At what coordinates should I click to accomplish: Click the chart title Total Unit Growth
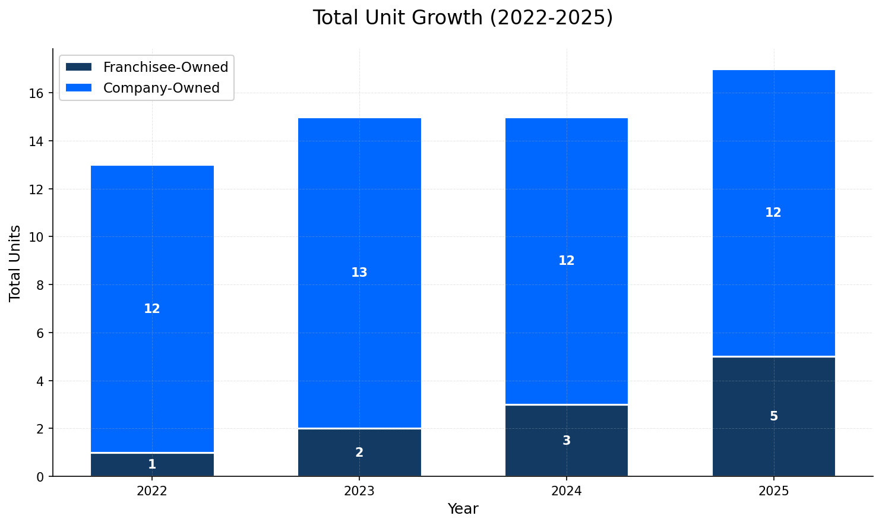[x=462, y=18]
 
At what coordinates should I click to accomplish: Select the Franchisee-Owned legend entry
[x=165, y=67]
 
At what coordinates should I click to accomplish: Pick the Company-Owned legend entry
[x=161, y=88]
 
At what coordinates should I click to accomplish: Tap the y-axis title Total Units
[x=15, y=263]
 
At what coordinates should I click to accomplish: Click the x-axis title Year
[x=463, y=509]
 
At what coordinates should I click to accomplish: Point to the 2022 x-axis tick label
[x=152, y=491]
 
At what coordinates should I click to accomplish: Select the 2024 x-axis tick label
[x=566, y=491]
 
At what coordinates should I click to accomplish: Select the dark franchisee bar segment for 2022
[x=119, y=464]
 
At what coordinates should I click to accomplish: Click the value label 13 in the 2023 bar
[x=359, y=273]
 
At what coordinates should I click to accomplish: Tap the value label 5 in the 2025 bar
[x=773, y=416]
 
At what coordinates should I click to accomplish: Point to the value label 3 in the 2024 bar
[x=566, y=441]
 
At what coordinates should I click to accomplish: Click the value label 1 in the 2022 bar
[x=152, y=464]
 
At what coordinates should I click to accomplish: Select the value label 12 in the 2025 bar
[x=773, y=213]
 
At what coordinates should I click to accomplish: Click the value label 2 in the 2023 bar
[x=359, y=453]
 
